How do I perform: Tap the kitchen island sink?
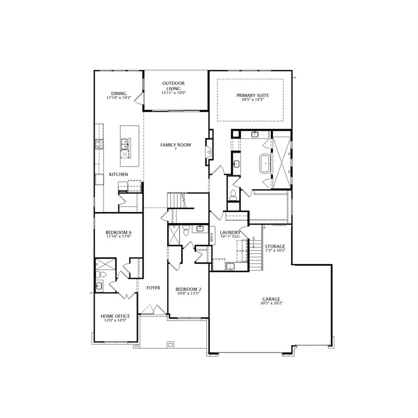point(124,147)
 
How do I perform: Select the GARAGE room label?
point(271,299)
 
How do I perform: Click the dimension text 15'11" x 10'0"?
point(174,93)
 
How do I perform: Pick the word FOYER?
point(153,288)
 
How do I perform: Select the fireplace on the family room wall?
point(209,151)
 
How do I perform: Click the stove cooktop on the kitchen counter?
point(98,144)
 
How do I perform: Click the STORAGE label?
point(275,246)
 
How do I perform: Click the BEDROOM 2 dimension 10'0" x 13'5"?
point(188,293)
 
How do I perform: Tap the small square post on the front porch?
point(171,344)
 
